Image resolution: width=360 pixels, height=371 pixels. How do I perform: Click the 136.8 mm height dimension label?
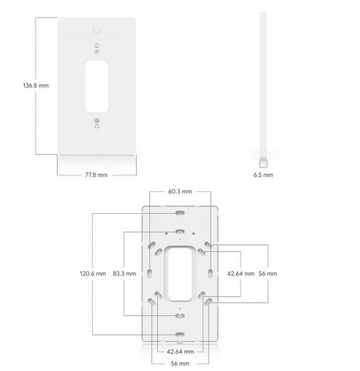(35, 86)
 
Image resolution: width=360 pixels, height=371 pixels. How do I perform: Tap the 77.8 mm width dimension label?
(96, 175)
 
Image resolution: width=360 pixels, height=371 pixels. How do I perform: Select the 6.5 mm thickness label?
(263, 175)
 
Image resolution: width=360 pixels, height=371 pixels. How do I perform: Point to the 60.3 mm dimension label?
(180, 191)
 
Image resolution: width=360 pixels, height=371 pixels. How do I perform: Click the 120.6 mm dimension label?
(93, 274)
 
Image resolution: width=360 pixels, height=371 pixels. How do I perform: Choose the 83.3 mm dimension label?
(125, 274)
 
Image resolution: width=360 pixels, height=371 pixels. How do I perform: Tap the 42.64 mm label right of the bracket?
(240, 274)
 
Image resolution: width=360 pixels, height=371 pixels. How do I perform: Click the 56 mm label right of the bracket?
(267, 274)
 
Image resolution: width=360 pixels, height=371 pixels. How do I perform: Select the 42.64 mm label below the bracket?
(180, 351)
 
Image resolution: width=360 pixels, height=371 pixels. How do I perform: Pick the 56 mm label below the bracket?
(180, 364)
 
